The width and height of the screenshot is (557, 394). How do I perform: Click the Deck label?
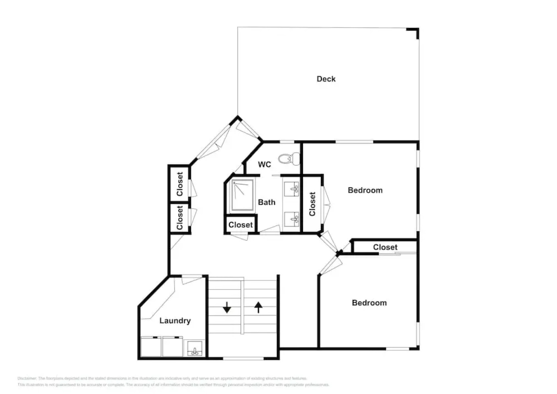coord(326,79)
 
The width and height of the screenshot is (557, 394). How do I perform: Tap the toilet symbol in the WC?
coord(289,158)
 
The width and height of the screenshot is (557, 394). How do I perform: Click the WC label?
coord(264,165)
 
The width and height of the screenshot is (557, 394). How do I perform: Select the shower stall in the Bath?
coord(242,195)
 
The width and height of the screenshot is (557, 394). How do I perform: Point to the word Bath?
coord(266,202)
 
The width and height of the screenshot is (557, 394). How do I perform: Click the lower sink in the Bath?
coord(292,219)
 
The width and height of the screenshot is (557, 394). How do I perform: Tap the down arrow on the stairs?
coord(227,308)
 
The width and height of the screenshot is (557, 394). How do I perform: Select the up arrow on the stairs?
coord(258,307)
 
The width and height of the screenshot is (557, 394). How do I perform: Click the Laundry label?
coord(175,321)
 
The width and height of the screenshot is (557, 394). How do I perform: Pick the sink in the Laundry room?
coord(195,348)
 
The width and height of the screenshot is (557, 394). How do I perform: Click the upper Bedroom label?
coord(365,190)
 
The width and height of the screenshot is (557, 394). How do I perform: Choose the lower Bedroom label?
coord(369,303)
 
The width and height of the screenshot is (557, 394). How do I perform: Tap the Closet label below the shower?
coord(240,225)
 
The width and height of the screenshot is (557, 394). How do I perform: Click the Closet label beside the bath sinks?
coord(312,204)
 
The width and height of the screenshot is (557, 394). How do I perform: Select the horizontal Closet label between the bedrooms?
coord(385,247)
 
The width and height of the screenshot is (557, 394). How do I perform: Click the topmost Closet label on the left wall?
coord(179,184)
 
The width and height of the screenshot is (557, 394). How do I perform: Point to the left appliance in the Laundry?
coord(151,347)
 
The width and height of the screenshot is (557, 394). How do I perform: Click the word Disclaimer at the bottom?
coord(27,378)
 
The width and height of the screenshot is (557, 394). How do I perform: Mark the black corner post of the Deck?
coord(416,31)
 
